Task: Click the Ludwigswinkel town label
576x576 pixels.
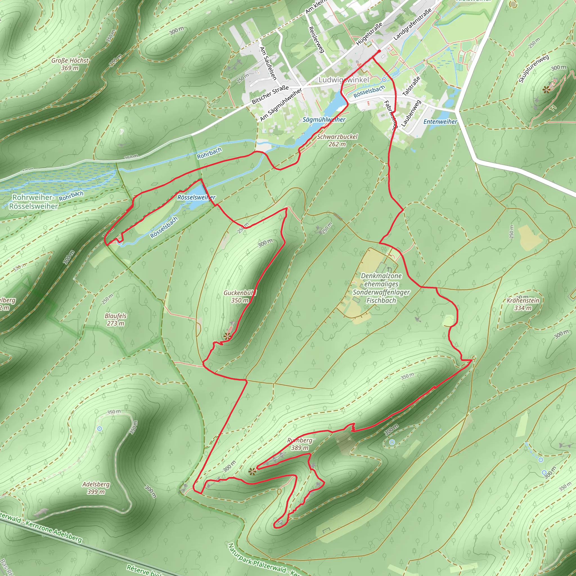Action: tap(344, 80)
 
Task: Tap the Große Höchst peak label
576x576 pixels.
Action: tap(70, 64)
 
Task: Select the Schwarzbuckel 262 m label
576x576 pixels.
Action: tap(337, 140)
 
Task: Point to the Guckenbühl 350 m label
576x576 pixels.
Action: tap(240, 297)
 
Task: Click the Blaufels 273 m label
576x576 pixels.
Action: tap(116, 319)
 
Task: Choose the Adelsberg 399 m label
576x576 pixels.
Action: tap(96, 488)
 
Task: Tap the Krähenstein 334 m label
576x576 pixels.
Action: tap(523, 304)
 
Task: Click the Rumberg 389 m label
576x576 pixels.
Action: tap(300, 444)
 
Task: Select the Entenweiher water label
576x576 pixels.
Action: tap(440, 121)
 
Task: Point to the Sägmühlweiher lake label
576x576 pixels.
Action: tap(324, 120)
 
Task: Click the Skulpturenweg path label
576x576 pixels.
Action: tap(534, 69)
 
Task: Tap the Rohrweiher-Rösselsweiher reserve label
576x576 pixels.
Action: tap(33, 202)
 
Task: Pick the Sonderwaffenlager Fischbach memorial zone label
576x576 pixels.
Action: tap(381, 288)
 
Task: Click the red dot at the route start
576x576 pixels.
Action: tap(379, 51)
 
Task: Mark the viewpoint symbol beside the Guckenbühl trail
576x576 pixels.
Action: tap(227, 337)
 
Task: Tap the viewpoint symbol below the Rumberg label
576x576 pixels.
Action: tap(252, 471)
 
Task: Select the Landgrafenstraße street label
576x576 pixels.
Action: tap(413, 24)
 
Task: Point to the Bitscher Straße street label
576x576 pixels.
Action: tap(270, 94)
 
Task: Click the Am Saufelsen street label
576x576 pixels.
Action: tap(268, 63)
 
